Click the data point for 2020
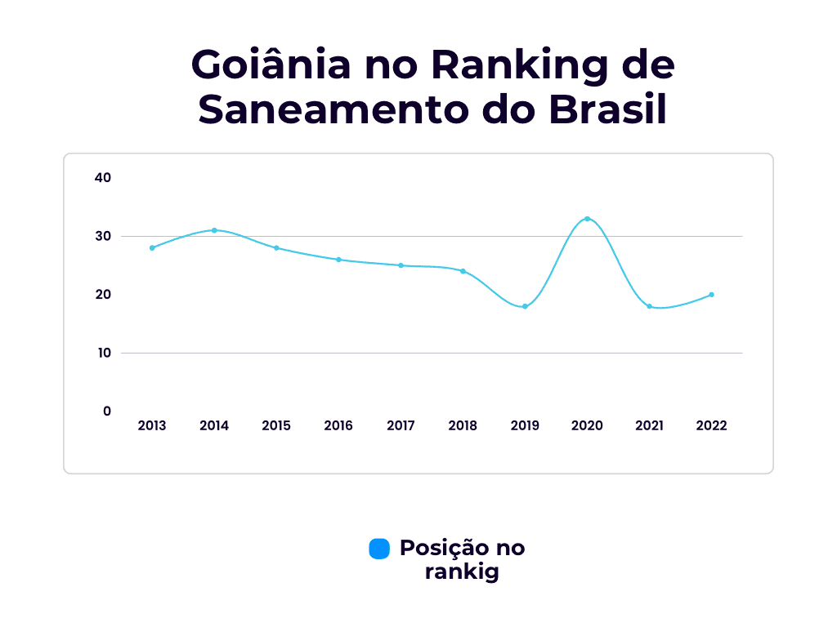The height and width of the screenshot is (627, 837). pos(587,219)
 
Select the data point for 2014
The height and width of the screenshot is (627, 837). pos(214,230)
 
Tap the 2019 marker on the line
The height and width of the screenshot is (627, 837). pos(525,306)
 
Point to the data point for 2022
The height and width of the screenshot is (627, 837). pos(711,295)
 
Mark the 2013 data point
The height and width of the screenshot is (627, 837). pos(152,247)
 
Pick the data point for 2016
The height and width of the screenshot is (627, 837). pos(338,260)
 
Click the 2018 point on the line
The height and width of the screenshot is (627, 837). pos(463,271)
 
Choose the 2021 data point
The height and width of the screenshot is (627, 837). pos(649,306)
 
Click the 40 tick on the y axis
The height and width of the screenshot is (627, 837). pos(103,177)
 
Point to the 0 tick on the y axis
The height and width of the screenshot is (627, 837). pos(107,411)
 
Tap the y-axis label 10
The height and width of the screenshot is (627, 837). pos(103,353)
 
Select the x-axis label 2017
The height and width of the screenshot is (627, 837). pos(401,425)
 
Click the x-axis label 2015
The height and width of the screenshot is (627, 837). pos(276,425)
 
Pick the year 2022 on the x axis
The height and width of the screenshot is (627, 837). pos(711,425)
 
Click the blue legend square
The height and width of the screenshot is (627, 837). pos(379,549)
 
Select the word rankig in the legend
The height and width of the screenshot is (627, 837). pos(462,571)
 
